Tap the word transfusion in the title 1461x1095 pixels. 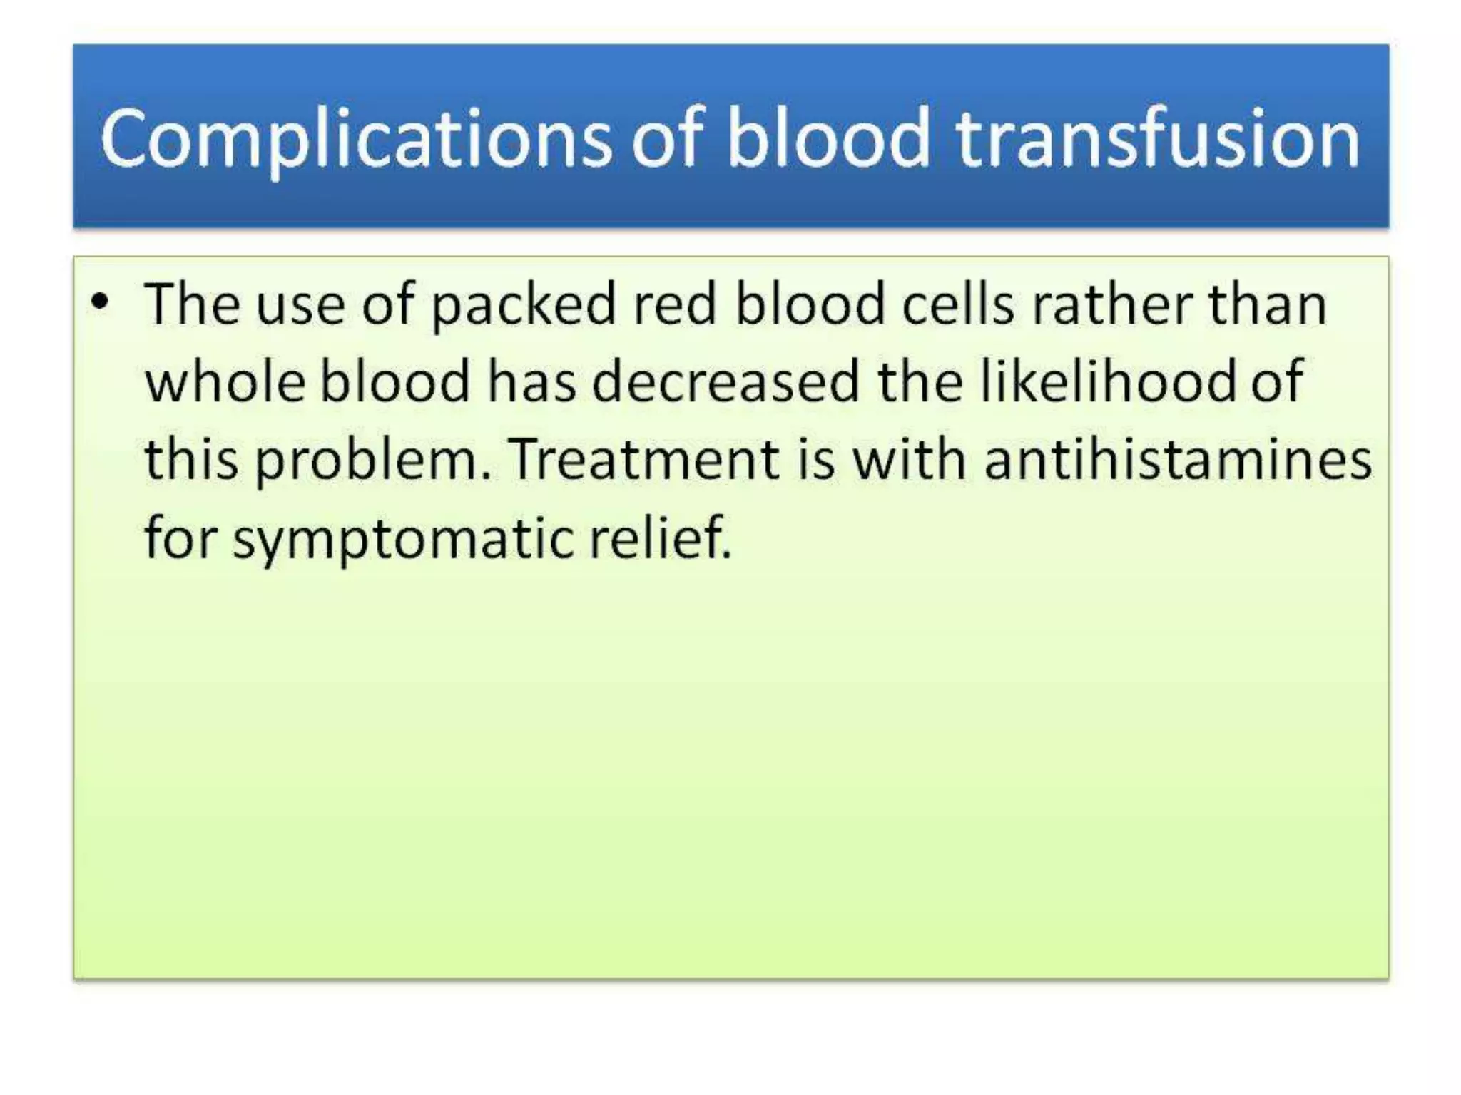click(x=1158, y=139)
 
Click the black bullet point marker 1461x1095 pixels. click(x=101, y=303)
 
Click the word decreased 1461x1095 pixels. click(x=726, y=382)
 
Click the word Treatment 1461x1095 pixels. click(x=645, y=460)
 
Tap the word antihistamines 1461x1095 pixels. click(x=1178, y=460)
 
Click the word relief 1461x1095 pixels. click(x=661, y=538)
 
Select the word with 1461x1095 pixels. click(x=910, y=460)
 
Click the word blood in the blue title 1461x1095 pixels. click(x=828, y=139)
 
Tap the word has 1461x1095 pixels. click(x=531, y=382)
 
